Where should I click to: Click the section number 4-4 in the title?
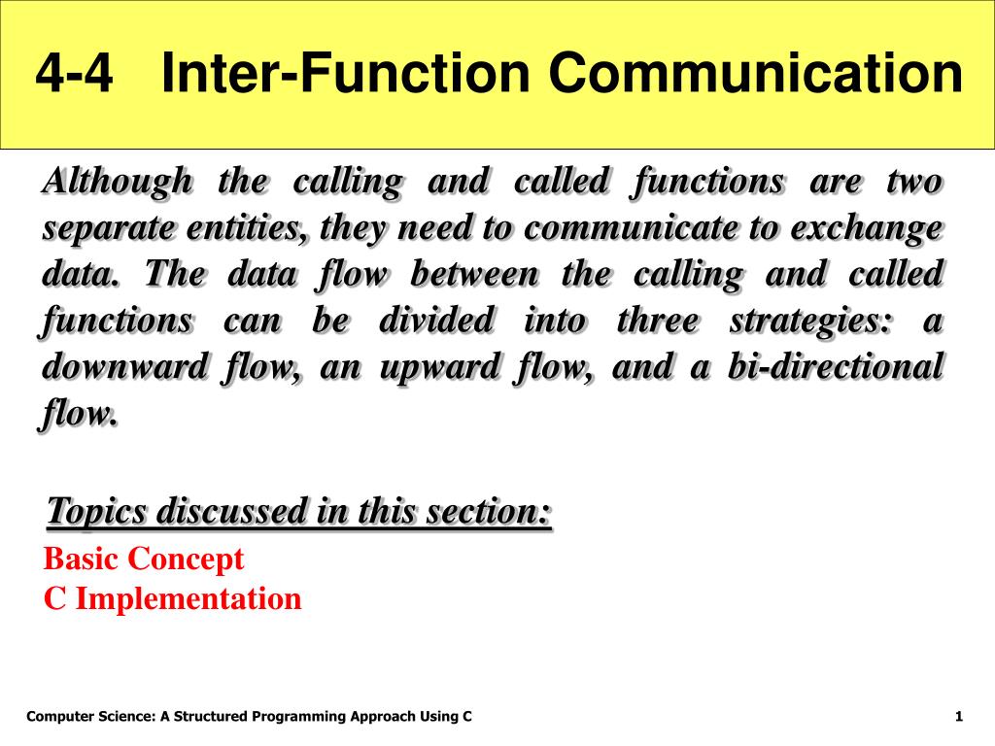74,72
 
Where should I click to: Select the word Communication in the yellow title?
756,72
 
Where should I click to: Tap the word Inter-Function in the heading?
346,72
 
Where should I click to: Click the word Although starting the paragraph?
117,182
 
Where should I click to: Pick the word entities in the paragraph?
248,227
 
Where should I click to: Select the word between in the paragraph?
474,275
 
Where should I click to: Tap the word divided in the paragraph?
436,321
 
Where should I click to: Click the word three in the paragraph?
658,321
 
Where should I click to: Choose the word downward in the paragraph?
124,367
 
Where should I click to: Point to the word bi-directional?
836,367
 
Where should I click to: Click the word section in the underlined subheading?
489,511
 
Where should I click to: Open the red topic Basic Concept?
144,559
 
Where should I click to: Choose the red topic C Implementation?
172,598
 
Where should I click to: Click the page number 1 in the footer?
959,717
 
